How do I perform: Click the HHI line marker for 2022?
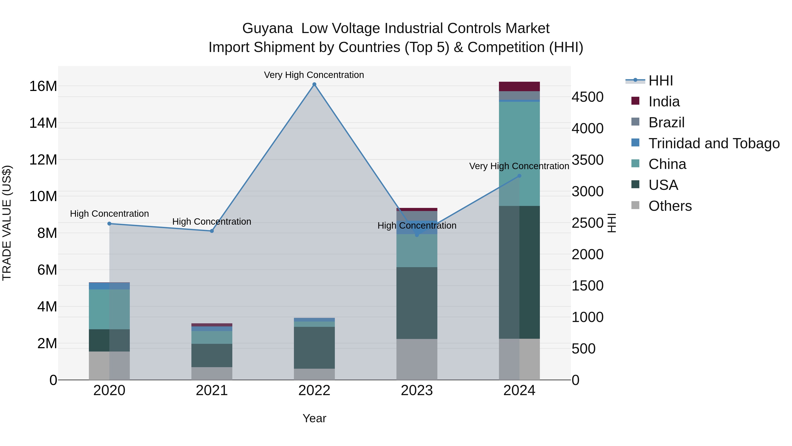coord(314,84)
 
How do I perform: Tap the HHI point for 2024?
coord(519,176)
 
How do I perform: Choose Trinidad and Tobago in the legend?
coord(714,143)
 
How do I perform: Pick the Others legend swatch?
coord(635,205)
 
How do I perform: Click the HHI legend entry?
coord(660,81)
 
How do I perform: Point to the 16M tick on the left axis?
coord(43,86)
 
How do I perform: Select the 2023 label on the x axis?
coord(417,390)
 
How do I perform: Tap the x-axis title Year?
coord(314,418)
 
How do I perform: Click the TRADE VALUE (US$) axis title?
coord(7,223)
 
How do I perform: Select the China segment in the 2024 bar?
coord(519,154)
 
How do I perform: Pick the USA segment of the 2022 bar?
coord(314,348)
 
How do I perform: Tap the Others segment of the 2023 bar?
coord(417,359)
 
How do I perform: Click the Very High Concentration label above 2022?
coord(314,75)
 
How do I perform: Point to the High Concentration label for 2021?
coord(211,222)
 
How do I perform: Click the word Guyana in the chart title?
coord(267,28)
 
